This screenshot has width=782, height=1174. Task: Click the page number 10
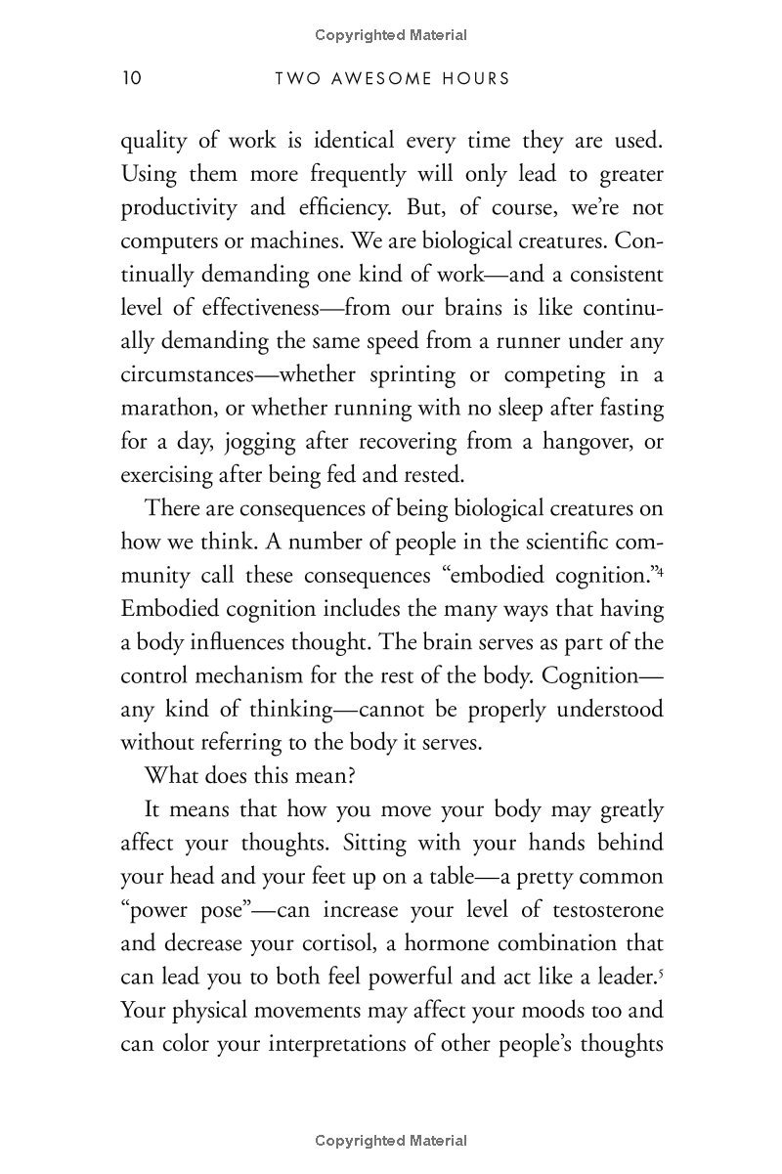[131, 78]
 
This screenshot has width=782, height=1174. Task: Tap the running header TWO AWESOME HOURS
[393, 78]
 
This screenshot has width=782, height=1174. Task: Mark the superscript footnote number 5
[661, 974]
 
